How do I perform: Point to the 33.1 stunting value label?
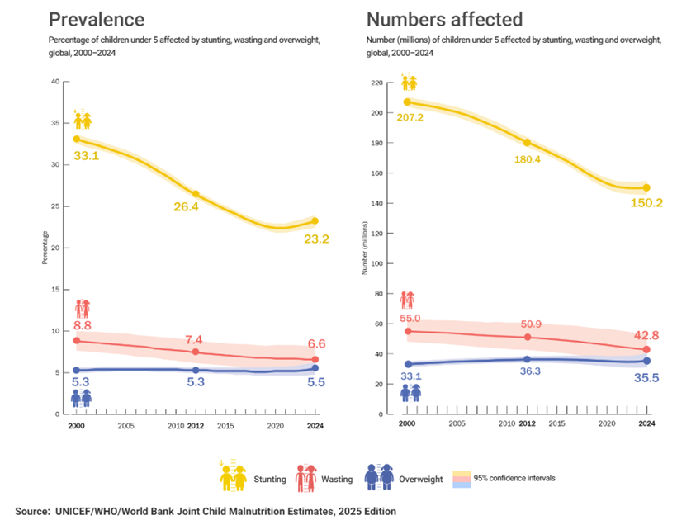click(86, 155)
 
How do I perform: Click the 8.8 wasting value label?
click(82, 324)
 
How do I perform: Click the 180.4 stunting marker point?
click(527, 142)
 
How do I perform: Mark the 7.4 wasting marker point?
click(196, 352)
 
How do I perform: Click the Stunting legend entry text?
click(271, 479)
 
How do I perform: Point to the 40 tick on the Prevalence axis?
click(55, 81)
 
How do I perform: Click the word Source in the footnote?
click(32, 512)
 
